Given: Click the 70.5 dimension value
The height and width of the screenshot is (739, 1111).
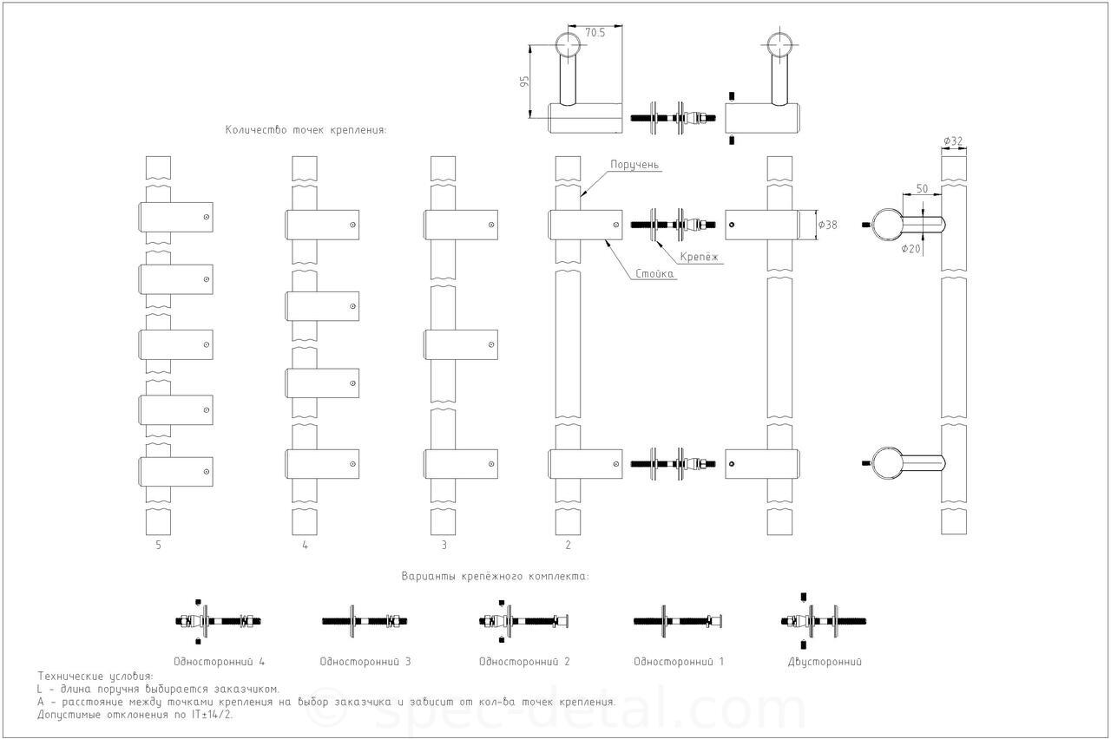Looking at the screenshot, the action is point(595,33).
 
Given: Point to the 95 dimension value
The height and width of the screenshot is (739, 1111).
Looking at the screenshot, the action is point(524,82).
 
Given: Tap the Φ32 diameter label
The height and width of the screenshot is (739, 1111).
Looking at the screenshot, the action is point(953,141).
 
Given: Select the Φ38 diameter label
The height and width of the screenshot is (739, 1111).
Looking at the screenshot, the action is point(827,225).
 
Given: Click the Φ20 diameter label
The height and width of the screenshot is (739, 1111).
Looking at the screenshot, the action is point(910,249).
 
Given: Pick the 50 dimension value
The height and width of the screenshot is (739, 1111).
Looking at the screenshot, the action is point(922,189).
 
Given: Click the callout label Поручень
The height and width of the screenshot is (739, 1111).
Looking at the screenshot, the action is point(634,165).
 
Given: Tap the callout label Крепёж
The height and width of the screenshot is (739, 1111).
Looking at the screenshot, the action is point(699,257).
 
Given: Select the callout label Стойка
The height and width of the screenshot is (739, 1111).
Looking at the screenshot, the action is point(654,273).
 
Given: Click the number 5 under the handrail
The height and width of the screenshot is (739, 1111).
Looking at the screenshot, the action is point(158,546).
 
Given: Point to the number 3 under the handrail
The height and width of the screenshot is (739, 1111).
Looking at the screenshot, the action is point(444,546).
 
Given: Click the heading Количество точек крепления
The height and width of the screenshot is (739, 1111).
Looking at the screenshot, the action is point(306,130).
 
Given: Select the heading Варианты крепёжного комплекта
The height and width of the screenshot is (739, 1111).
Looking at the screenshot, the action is point(495,577).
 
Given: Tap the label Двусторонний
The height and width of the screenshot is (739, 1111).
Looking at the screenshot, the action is point(825,662).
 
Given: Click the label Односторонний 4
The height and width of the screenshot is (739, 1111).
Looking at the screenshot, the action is point(219,662).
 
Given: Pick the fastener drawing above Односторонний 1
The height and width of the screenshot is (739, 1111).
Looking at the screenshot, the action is point(678,621).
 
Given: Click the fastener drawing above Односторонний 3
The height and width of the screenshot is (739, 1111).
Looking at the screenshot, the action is point(365,621).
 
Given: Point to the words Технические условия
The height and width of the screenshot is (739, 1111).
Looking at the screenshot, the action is point(95,676).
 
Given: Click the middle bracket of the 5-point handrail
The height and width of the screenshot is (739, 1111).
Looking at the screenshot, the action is point(175,344).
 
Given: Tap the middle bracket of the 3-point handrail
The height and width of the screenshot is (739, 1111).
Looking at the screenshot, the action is point(461,344).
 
